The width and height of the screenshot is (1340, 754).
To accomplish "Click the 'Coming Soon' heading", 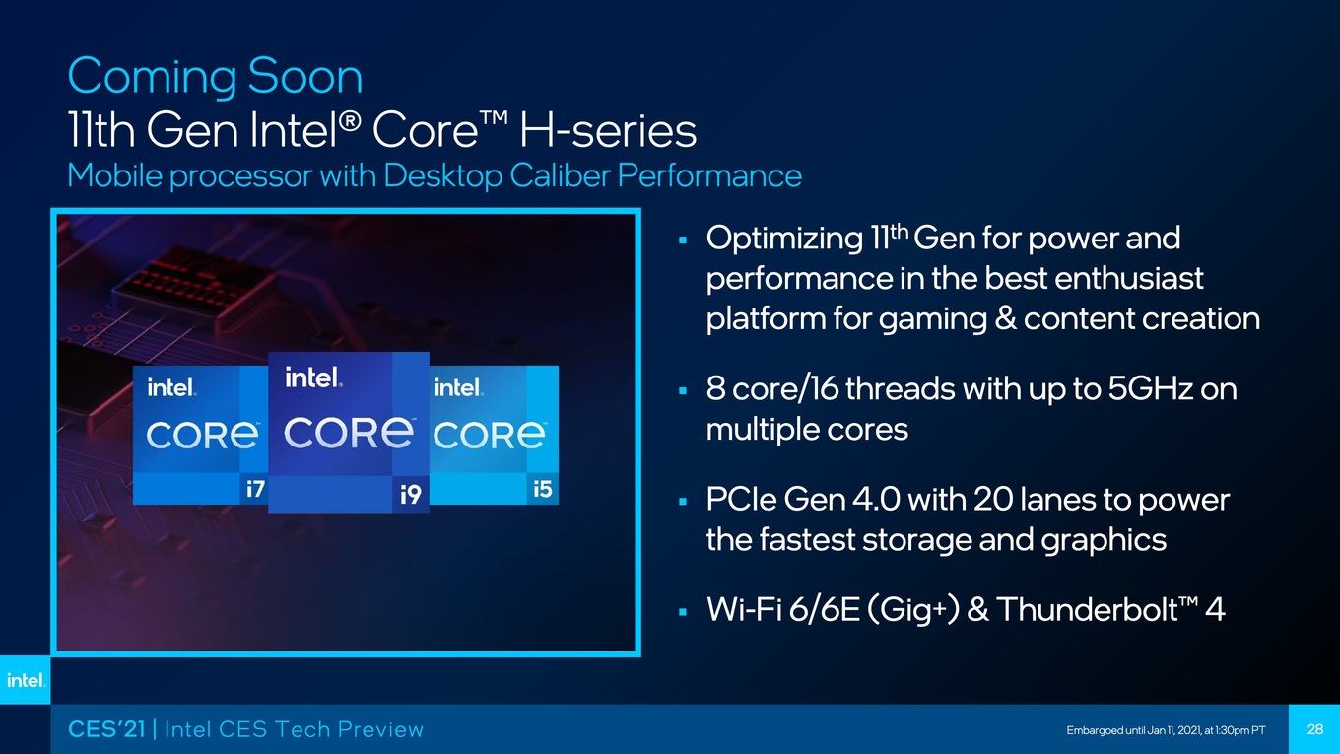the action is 216,77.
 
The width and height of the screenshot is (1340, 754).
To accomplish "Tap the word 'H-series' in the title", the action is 608,130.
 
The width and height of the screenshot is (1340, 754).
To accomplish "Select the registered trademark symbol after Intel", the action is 351,120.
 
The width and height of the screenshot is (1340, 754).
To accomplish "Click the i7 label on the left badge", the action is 255,489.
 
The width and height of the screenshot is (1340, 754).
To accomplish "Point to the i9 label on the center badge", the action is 411,495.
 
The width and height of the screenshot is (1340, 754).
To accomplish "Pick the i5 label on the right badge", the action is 543,489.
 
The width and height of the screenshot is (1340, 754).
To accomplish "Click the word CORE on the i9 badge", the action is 348,433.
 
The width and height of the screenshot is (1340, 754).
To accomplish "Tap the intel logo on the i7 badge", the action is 171,387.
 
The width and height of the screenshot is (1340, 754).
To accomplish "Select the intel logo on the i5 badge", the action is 458,387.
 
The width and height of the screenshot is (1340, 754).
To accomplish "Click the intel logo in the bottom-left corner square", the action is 26,680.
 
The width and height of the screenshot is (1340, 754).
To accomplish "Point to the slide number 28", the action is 1314,729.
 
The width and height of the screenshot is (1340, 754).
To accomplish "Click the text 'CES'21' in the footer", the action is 107,729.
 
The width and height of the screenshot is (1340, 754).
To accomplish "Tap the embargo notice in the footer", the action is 1166,730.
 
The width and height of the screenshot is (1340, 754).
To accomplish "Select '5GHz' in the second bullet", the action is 1151,388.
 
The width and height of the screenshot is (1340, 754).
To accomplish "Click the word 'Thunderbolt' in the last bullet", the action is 1087,609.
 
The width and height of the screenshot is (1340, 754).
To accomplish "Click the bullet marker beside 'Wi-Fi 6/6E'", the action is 683,612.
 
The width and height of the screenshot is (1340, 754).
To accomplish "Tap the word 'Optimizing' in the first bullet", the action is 785,240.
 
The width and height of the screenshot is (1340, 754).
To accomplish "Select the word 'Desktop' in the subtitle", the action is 442,176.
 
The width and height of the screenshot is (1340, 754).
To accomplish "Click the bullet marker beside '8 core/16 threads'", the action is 683,391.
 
